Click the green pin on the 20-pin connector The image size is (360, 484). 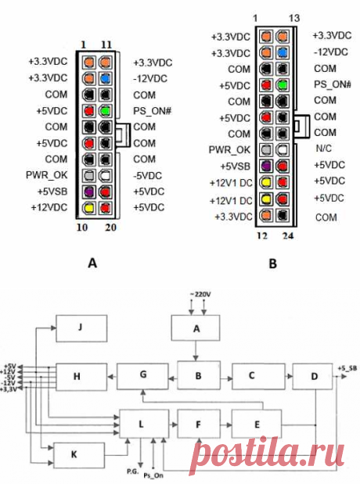106,110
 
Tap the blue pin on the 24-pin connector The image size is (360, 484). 283,52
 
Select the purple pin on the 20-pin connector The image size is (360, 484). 89,192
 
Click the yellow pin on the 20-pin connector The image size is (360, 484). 89,208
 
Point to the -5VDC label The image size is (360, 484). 147,176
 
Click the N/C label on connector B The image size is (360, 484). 323,149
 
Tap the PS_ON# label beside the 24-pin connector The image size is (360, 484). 333,84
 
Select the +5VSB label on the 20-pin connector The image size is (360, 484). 52,192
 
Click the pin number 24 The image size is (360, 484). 288,236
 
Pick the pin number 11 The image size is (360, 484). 106,45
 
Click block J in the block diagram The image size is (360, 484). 81,328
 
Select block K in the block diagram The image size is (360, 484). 79,455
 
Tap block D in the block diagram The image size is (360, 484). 313,376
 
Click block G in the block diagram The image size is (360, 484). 142,376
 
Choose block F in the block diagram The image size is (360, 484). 199,425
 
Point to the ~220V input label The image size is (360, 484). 200,295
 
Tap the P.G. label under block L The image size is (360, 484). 132,471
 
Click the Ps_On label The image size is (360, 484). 153,475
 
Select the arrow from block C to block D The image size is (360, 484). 289,376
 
